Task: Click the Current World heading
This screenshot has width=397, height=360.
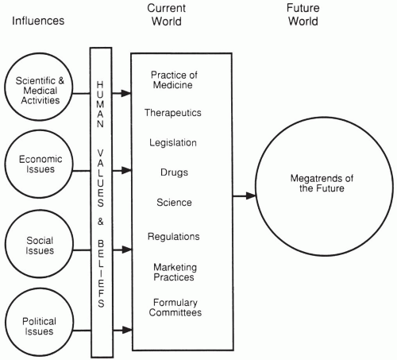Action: pos(166,14)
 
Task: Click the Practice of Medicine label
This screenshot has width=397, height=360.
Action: pos(173,81)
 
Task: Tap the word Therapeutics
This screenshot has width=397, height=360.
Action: pos(173,113)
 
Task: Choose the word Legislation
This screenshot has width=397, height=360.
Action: pos(173,142)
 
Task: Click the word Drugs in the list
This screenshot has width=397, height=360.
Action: pos(173,172)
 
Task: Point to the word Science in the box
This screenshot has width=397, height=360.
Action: pos(173,203)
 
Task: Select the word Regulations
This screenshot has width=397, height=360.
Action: pos(173,236)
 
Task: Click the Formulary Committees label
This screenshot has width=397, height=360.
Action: pos(173,307)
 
